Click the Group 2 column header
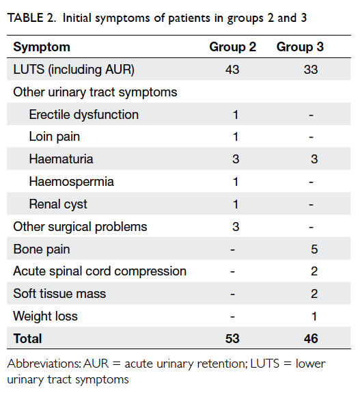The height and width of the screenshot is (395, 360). (232, 47)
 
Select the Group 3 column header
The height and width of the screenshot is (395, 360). (300, 47)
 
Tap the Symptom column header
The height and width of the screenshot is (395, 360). (42, 47)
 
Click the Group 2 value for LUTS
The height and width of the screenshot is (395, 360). (232, 69)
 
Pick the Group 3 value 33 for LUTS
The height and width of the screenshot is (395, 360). (311, 69)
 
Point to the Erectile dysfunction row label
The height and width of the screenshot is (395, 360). (84, 115)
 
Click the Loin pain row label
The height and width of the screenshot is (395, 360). (55, 137)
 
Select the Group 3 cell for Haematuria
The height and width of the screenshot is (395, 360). (314, 159)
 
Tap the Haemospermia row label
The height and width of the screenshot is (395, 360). (72, 182)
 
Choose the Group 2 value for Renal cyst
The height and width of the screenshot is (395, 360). (236, 204)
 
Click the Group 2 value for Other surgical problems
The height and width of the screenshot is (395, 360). (236, 226)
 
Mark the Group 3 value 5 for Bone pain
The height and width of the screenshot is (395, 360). (314, 249)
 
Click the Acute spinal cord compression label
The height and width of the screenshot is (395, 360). (100, 271)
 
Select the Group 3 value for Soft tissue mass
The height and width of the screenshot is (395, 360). (314, 294)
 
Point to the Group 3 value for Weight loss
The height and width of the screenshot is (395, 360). (314, 316)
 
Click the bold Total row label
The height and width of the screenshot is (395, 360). (27, 338)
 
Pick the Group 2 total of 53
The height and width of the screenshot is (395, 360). (232, 338)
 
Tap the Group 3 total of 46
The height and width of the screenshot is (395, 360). (311, 338)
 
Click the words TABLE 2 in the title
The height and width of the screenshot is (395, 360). (31, 18)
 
